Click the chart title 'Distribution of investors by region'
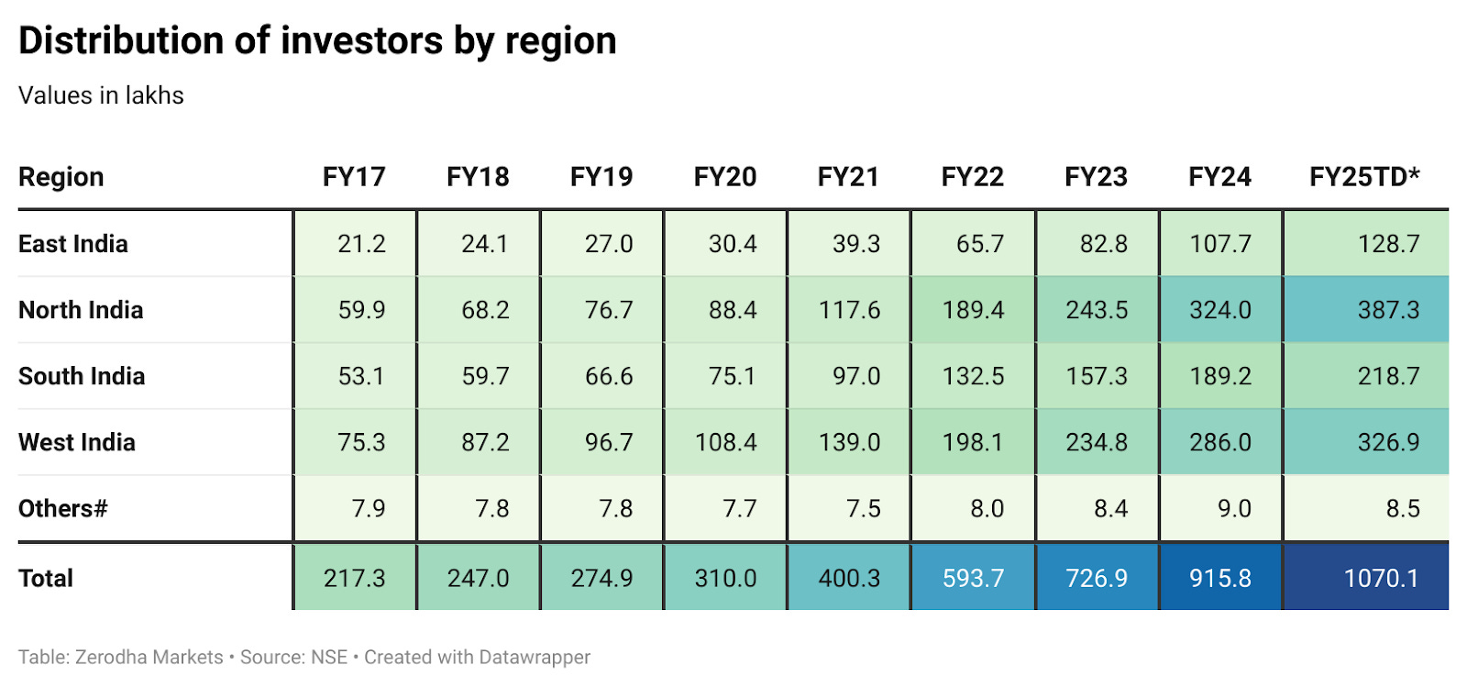317,41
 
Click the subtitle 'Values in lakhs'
101,95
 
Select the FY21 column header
848,177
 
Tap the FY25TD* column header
1363,177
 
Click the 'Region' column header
61,177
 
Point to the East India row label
73,244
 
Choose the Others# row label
62,508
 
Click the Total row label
46,578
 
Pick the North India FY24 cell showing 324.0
1219,310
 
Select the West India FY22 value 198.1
973,442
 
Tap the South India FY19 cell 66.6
609,376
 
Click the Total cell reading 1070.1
1380,578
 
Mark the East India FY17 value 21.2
361,244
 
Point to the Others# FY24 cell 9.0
1233,508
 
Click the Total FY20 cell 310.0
725,578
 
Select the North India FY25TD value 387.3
1387,310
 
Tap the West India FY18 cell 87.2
485,442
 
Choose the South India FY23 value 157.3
1097,376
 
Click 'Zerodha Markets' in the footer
149,657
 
